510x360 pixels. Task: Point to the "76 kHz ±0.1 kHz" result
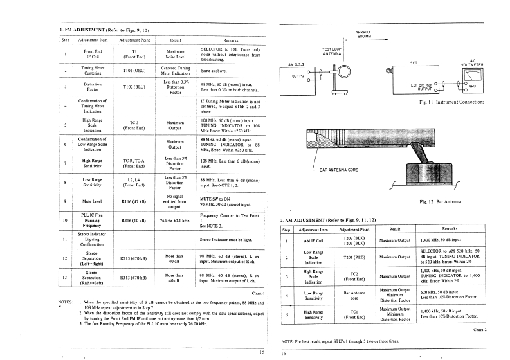pyautogui.click(x=176, y=221)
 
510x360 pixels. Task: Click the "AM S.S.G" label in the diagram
pyautogui.click(x=297, y=64)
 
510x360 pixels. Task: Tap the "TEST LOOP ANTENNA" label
pyautogui.click(x=331, y=51)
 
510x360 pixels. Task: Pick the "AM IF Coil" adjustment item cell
pyautogui.click(x=311, y=241)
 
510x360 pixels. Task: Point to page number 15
pyautogui.click(x=261, y=352)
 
